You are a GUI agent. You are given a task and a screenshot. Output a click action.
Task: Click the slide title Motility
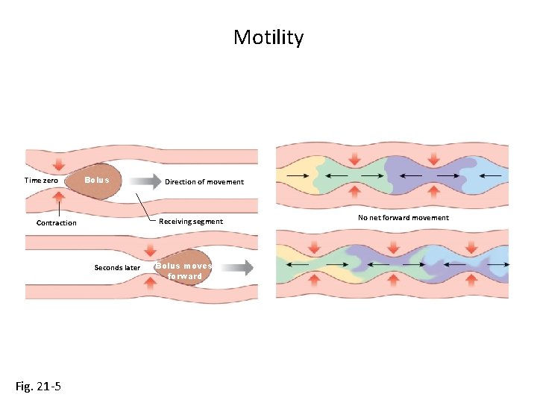tap(268, 37)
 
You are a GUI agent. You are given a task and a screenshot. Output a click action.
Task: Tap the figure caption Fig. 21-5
tap(39, 386)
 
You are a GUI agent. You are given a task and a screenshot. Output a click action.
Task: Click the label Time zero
tap(41, 181)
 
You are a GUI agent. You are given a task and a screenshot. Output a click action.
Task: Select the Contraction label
tap(57, 222)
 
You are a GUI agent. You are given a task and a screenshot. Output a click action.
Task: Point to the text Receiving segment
tap(191, 221)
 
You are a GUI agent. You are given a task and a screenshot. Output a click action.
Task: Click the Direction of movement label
tap(204, 181)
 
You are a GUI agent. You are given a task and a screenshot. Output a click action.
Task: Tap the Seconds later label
tap(117, 267)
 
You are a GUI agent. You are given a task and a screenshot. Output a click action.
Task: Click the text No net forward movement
tap(403, 218)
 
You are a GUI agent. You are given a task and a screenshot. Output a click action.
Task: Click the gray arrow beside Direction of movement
tap(146, 181)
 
